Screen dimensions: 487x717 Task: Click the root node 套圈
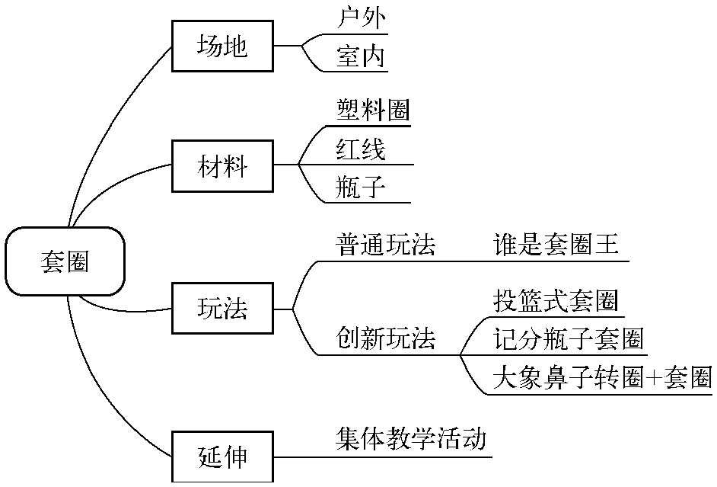[x=65, y=261]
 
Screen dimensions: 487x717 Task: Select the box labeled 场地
[x=222, y=46]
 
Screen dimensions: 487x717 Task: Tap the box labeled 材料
[x=222, y=165]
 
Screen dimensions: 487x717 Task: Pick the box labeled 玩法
[x=222, y=309]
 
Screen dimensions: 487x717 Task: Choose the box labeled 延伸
[x=222, y=457]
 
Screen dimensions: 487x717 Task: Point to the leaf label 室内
[x=362, y=56]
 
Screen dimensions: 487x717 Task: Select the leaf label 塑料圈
[x=373, y=111]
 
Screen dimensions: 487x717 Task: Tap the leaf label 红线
[x=361, y=149]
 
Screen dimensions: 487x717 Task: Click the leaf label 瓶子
[x=361, y=187]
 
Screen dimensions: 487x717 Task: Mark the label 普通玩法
[x=386, y=245]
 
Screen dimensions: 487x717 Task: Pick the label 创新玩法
[x=386, y=338]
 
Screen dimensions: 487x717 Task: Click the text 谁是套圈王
[x=556, y=245]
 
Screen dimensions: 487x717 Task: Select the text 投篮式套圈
[x=555, y=301]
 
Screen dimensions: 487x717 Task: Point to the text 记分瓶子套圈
[x=568, y=338]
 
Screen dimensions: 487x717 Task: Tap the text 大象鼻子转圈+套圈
[x=601, y=376]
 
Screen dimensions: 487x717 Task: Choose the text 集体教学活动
[x=410, y=440]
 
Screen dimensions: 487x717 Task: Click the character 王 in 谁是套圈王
[x=607, y=245]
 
